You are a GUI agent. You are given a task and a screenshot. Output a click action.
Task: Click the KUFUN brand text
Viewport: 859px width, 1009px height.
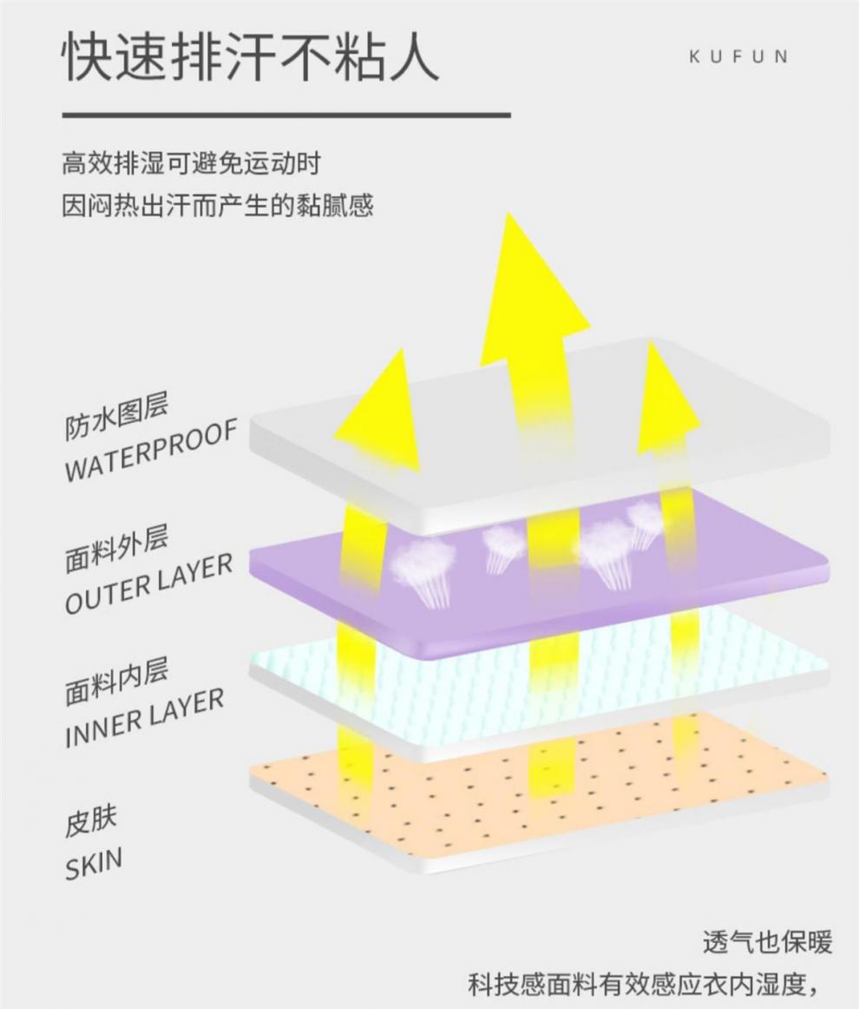click(x=738, y=57)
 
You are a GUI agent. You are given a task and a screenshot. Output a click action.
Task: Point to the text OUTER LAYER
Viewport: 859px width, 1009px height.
click(x=148, y=584)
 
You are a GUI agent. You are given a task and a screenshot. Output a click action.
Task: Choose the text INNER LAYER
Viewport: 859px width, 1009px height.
click(x=143, y=719)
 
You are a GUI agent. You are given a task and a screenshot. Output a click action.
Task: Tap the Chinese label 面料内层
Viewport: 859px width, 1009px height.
click(x=116, y=683)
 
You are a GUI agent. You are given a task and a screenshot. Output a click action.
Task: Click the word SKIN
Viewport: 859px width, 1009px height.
click(x=93, y=863)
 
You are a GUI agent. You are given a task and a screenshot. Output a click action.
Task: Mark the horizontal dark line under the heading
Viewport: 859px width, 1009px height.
click(x=286, y=115)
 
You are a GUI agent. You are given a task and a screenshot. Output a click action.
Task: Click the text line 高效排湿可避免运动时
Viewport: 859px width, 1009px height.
click(x=192, y=162)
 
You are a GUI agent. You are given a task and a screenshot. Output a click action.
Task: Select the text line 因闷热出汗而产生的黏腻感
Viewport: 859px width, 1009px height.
click(x=217, y=207)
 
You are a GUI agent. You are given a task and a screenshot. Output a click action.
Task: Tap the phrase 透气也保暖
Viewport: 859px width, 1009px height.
click(x=767, y=942)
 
